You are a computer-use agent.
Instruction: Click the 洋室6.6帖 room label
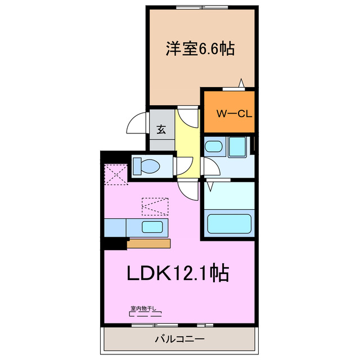(200, 49)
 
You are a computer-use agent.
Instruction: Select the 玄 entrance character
(161, 129)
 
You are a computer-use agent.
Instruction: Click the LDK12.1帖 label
(177, 274)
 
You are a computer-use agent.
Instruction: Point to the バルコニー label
(179, 339)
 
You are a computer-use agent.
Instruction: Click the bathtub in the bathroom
(229, 222)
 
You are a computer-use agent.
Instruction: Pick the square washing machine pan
(237, 146)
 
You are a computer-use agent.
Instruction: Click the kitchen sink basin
(152, 228)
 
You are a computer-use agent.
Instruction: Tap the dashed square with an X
(116, 173)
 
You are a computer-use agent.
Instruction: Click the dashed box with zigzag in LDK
(155, 206)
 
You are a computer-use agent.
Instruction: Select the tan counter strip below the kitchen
(148, 244)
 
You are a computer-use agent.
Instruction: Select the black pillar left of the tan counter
(115, 244)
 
